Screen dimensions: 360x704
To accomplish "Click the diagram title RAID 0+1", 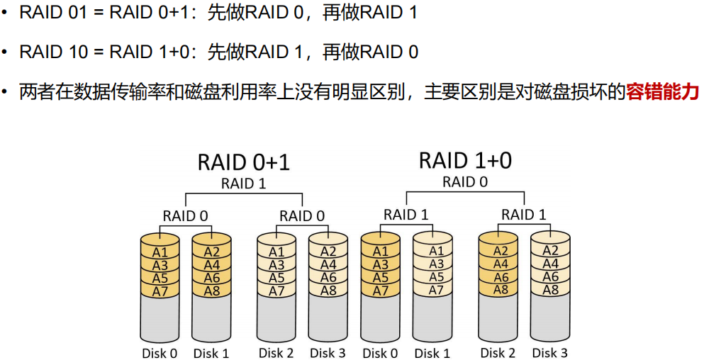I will [x=243, y=162].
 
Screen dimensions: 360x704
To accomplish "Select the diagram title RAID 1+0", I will [x=465, y=160].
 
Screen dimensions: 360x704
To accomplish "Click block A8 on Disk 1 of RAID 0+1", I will [x=211, y=291].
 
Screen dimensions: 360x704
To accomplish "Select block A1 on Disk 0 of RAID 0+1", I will [x=160, y=252].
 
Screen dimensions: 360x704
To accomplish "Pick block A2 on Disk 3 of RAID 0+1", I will [x=328, y=252].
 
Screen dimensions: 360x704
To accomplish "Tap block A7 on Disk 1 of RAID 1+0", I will [x=437, y=290].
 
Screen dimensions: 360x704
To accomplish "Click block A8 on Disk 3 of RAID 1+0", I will [x=550, y=290].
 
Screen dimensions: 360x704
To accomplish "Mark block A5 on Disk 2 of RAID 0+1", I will [x=276, y=278].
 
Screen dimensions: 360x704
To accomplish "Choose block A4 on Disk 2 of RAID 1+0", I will [x=501, y=264].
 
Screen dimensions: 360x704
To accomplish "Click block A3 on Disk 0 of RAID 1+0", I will [x=381, y=264].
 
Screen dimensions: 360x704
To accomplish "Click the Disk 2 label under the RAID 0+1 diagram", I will [x=276, y=352].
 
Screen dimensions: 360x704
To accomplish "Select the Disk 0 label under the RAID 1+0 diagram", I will [x=380, y=352].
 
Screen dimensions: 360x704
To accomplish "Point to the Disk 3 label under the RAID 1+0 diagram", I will [x=550, y=352].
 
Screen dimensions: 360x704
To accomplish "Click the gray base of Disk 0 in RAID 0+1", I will [x=160, y=319].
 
